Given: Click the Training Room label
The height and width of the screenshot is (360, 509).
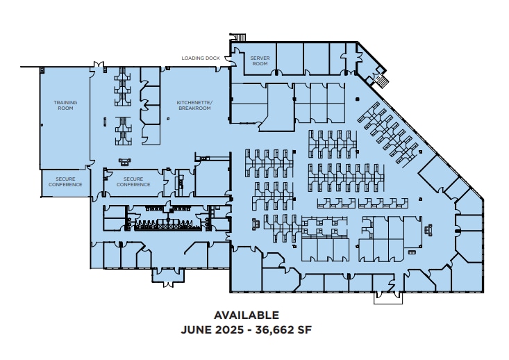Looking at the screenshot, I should click(66, 106).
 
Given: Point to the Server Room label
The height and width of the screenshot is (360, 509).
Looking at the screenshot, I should click(259, 61).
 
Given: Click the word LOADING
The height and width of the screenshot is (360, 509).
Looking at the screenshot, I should click(192, 58).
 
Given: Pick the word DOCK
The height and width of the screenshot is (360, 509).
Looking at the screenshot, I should click(213, 58).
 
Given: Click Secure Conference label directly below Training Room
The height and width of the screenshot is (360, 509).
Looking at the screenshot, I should click(65, 182).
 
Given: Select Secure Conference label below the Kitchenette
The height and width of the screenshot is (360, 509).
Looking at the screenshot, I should click(133, 182).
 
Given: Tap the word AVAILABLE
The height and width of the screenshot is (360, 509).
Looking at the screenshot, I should click(247, 315).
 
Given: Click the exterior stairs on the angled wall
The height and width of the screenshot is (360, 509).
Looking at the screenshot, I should click(381, 81).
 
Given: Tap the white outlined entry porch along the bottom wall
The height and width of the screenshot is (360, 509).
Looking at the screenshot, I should click(387, 298).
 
